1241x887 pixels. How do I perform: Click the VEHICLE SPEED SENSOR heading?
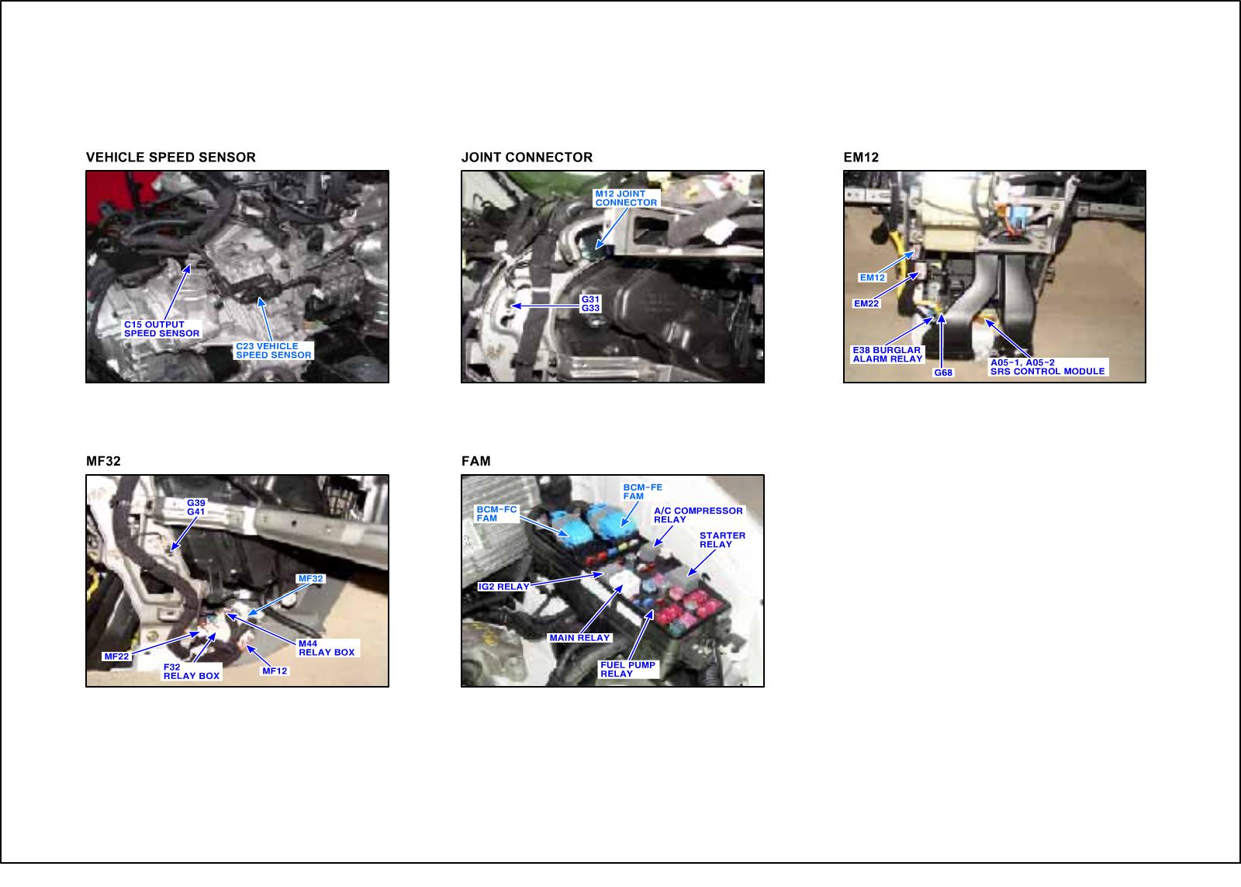point(171,158)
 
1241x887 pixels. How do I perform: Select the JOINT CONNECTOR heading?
point(527,158)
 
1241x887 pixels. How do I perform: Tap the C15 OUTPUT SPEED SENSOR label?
point(162,329)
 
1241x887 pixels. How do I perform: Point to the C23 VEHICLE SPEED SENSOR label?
point(274,350)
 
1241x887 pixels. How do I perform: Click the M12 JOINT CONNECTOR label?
point(626,198)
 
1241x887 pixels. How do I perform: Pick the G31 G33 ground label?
point(590,303)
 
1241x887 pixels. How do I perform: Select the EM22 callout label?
point(866,303)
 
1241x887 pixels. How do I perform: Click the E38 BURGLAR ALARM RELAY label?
point(887,354)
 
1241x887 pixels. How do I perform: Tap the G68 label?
point(943,372)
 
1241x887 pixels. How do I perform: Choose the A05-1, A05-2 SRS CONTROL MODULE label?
point(1048,367)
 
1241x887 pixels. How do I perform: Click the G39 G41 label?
point(196,508)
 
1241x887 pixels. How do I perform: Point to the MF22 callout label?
point(116,657)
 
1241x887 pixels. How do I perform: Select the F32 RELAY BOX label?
point(192,671)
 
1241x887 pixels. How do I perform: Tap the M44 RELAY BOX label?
point(327,648)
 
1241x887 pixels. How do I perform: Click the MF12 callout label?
point(275,670)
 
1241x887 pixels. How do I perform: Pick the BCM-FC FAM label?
point(497,514)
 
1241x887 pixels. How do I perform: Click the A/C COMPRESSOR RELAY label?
point(698,515)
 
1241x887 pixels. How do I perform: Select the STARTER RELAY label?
point(722,540)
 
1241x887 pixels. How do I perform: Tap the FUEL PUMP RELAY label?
point(628,669)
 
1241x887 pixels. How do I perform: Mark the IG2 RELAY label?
point(503,587)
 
